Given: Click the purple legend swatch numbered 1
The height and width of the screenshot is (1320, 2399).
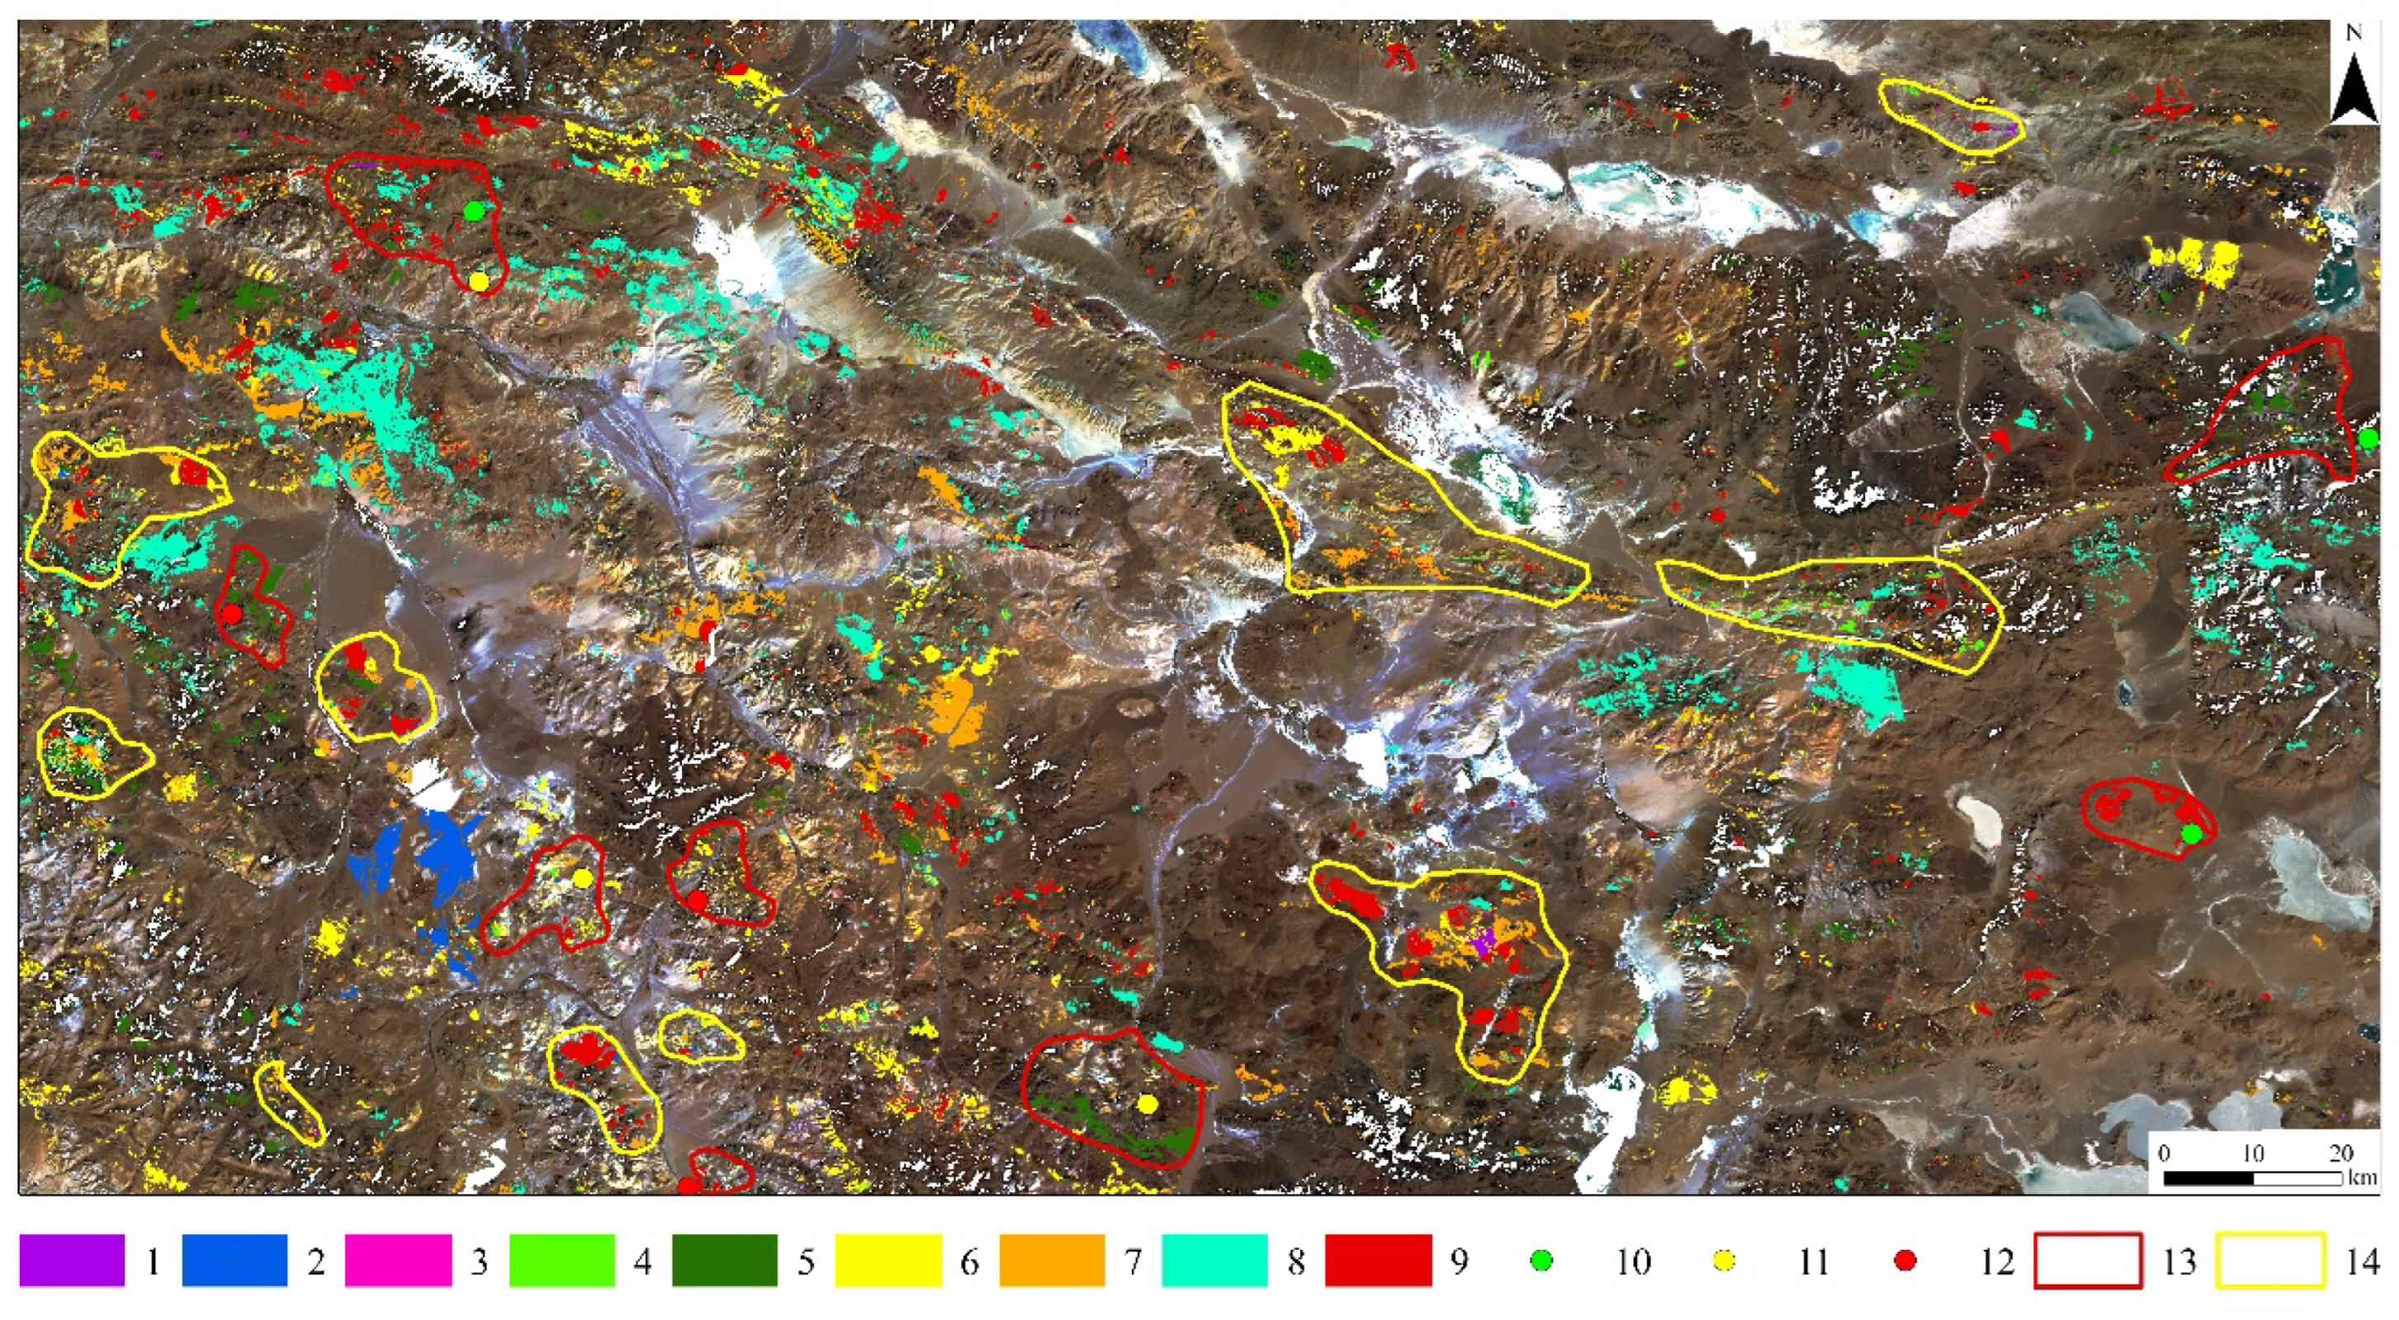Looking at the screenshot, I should (72, 1261).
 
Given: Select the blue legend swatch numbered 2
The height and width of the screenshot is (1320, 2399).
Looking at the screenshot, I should (234, 1261).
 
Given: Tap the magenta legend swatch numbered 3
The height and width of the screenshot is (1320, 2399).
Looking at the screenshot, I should (398, 1261).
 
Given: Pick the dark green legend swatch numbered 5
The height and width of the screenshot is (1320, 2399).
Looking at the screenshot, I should (725, 1261).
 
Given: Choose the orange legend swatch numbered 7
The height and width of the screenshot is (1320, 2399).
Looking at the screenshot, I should (1052, 1261).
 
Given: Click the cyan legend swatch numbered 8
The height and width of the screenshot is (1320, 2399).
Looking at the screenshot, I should (1214, 1261).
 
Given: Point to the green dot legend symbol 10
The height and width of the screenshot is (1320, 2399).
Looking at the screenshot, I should (1542, 1261).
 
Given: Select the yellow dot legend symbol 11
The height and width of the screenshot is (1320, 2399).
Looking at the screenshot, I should (1725, 1261).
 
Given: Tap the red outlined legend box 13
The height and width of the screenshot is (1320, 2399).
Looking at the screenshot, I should (2088, 1261).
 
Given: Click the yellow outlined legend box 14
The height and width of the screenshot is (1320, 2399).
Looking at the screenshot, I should (2269, 1261).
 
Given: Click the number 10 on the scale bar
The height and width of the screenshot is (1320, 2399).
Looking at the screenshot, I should (2252, 1153).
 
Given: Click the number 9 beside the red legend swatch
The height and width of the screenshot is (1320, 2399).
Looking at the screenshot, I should (1460, 1262).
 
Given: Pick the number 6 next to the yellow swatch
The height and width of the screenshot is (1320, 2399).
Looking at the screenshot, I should (969, 1262).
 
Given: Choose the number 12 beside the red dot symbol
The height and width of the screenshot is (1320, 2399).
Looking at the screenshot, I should (1996, 1262).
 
